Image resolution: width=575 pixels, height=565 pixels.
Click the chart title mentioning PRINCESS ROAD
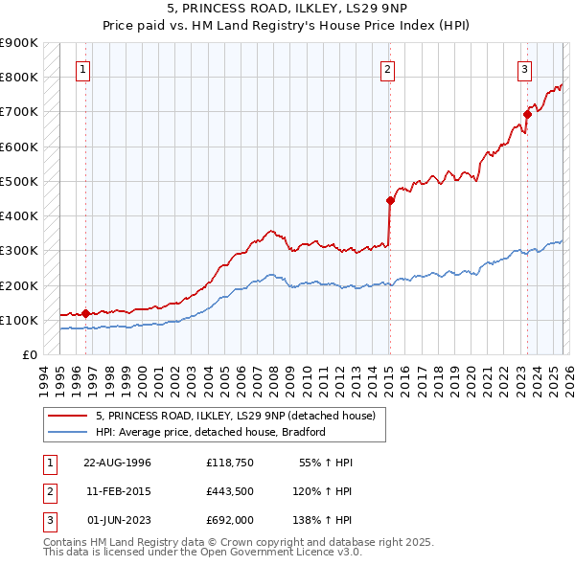click(x=287, y=9)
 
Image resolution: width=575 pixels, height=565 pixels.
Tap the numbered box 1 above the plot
click(x=83, y=69)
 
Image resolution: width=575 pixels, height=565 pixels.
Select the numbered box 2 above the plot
click(x=387, y=69)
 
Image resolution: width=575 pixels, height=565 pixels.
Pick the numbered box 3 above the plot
click(x=525, y=69)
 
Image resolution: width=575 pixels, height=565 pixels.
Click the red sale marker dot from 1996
click(x=86, y=313)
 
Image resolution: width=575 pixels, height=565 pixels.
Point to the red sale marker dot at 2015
click(x=390, y=200)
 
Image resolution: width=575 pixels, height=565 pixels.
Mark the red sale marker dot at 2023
click(x=527, y=114)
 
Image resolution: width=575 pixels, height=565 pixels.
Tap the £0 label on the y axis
click(x=29, y=355)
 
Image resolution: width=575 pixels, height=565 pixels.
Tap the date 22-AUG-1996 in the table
click(x=117, y=463)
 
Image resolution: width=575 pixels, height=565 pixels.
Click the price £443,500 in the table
click(x=231, y=491)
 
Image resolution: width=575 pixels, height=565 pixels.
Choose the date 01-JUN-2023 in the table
click(x=117, y=520)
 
